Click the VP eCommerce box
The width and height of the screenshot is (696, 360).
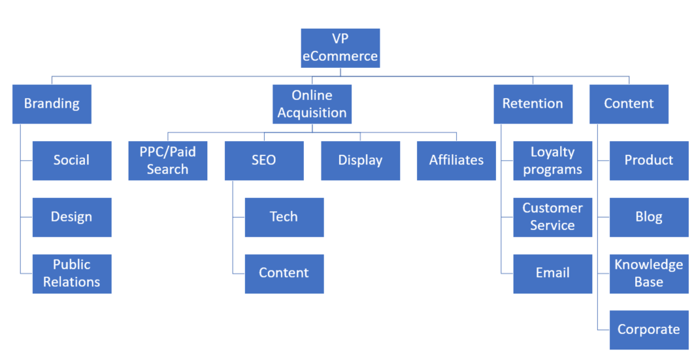tap(340, 48)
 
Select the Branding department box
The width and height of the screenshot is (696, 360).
tap(52, 104)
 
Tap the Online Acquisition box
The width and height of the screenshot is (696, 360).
tap(312, 104)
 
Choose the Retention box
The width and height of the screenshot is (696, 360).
tap(533, 104)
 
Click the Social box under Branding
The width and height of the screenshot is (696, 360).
tap(72, 161)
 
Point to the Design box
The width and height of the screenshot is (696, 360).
tap(72, 217)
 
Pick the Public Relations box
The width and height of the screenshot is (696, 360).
tap(72, 274)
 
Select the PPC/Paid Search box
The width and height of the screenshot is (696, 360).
tap(168, 161)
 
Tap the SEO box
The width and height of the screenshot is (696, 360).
tap(264, 161)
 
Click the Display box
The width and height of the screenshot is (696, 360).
tap(360, 161)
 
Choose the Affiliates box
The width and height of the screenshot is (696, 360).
tap(456, 161)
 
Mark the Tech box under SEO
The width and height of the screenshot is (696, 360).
tap(284, 217)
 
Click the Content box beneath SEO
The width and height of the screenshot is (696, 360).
tap(284, 274)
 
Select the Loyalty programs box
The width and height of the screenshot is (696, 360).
tap(552, 161)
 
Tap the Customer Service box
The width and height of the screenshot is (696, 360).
tap(552, 217)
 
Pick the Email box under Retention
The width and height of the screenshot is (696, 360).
tap(552, 274)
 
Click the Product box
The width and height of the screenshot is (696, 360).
tap(649, 161)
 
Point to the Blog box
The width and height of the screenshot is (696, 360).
tap(649, 217)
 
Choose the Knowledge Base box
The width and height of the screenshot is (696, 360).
tap(649, 274)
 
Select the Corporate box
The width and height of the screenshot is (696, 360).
tap(649, 330)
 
